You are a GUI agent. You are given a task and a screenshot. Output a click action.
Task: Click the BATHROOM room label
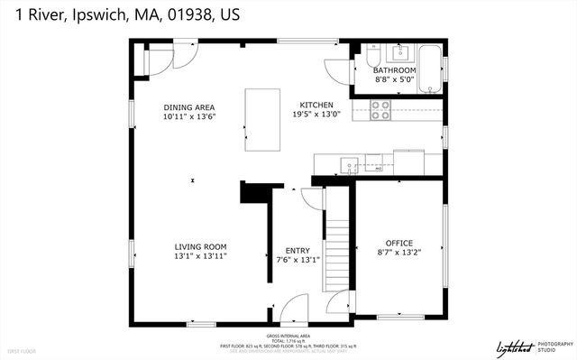coord(395,70)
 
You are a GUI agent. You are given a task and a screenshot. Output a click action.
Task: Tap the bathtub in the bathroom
coord(431,68)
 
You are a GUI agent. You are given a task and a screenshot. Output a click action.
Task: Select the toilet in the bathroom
coord(371,59)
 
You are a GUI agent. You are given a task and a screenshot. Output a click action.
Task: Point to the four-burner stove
coord(380,110)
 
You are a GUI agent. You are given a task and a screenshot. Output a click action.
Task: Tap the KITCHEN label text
coord(316,105)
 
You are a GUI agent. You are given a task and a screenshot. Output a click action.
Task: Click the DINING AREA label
coord(188,107)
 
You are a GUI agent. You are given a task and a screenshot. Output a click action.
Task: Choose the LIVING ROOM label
coord(200,246)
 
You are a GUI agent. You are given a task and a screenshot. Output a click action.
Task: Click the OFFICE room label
coord(398,243)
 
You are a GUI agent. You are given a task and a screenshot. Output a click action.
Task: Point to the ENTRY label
coord(298,251)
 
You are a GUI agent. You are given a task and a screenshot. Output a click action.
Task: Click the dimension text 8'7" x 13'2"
coord(398,253)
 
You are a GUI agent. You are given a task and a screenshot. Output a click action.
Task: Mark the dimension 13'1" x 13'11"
coord(200,256)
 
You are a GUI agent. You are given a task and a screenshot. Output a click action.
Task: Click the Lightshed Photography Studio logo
coord(535,346)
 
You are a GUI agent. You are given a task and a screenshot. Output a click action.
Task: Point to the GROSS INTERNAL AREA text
coord(288,335)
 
